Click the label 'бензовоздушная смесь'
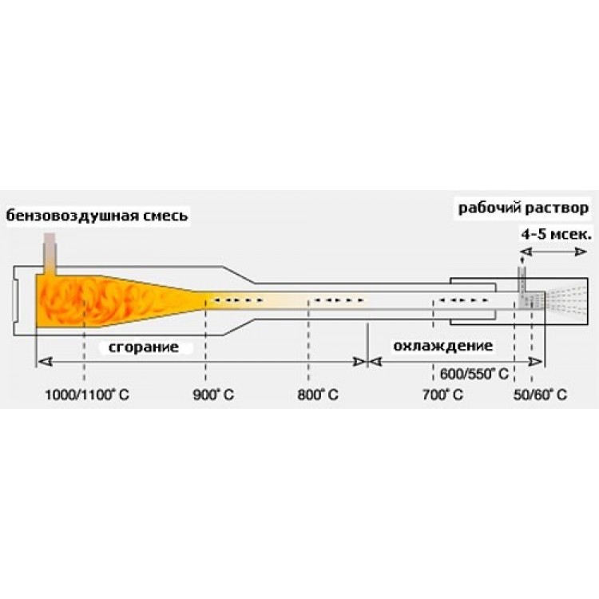pos(97,216)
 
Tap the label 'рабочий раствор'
pos(523,208)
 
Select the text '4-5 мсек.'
pos(557,234)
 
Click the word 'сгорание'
pos(144,347)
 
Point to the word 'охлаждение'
pos(443,346)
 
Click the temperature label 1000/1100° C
pos(87,395)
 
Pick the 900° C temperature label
pos(213,395)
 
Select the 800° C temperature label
pos(318,395)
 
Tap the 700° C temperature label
pos(442,395)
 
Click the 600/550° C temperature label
pos(474,374)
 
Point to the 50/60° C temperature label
pos(540,395)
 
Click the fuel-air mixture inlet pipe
pos(50,254)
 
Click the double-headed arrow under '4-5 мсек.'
pos(553,252)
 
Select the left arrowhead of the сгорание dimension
pos(45,361)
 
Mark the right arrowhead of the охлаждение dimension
pos(535,361)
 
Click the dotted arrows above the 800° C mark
pos(339,300)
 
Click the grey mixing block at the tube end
pos(531,300)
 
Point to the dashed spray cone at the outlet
pos(566,300)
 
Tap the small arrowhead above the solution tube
pos(522,260)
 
